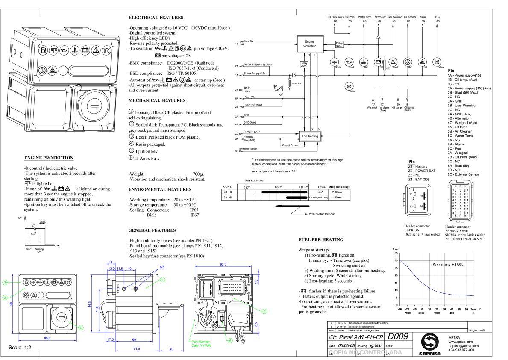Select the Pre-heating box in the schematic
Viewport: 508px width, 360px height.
coord(310,135)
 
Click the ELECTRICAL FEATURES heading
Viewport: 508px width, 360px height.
coord(156,18)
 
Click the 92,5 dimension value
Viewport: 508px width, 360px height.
coord(223,264)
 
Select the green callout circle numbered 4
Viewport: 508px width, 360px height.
coord(264,311)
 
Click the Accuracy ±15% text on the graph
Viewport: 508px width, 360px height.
coord(447,265)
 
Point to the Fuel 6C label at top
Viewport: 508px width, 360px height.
coord(438,19)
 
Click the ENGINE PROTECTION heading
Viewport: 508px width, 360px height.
coord(49,158)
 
